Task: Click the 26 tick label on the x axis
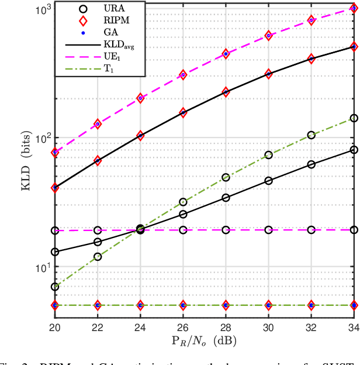(183, 326)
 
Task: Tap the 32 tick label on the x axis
(311, 326)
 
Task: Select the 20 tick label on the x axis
(54, 326)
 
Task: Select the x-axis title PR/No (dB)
(204, 340)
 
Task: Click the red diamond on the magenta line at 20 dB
(55, 152)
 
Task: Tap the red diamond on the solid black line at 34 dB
(354, 46)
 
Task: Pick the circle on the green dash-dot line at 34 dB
(354, 118)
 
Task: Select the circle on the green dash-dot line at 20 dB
(55, 287)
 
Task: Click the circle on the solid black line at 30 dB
(269, 181)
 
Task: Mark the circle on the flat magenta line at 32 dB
(311, 230)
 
